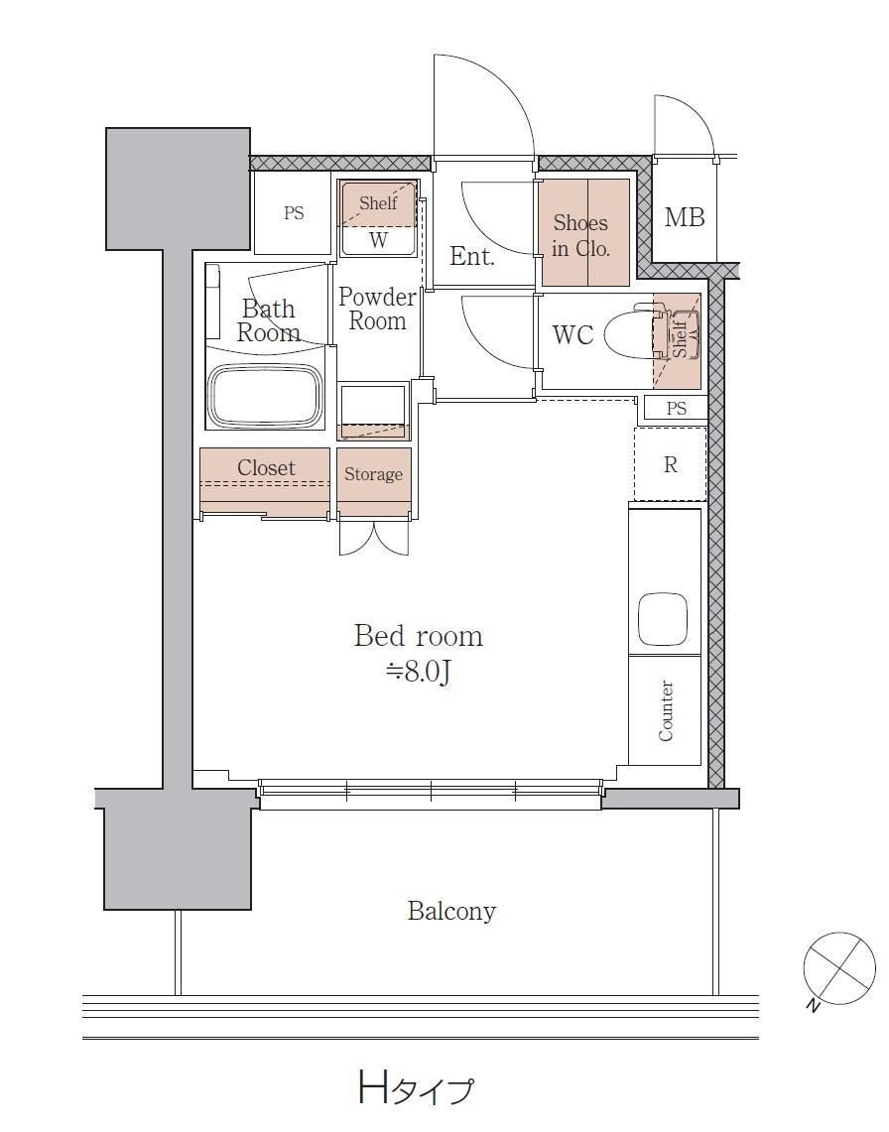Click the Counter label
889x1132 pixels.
coord(666,710)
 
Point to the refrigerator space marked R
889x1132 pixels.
coord(670,464)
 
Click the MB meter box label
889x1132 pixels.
coord(684,216)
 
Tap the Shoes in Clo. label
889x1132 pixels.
coord(580,235)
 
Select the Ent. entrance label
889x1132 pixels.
coord(471,256)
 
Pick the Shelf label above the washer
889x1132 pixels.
coord(378,202)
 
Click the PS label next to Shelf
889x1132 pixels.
coord(294,213)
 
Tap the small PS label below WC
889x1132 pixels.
coord(677,409)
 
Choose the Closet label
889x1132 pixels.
coord(266,468)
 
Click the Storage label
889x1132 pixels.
coord(373,473)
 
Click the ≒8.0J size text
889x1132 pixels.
coord(418,672)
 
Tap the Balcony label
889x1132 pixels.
coord(451,911)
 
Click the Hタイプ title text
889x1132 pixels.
coord(417,1086)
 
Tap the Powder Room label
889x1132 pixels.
coord(377,309)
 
